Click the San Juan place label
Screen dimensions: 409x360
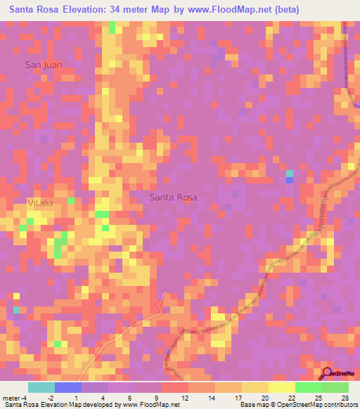[44, 65]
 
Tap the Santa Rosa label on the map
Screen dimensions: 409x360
[174, 197]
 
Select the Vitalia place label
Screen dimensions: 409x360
[40, 202]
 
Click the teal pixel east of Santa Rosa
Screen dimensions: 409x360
[289, 173]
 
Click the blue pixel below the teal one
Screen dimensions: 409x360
[289, 180]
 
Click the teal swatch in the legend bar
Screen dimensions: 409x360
[41, 387]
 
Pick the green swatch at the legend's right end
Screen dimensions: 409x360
[335, 387]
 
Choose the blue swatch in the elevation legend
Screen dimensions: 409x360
[68, 387]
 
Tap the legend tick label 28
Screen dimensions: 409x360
[345, 398]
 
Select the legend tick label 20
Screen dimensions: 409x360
[264, 398]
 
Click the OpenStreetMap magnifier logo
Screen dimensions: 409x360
[326, 374]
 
